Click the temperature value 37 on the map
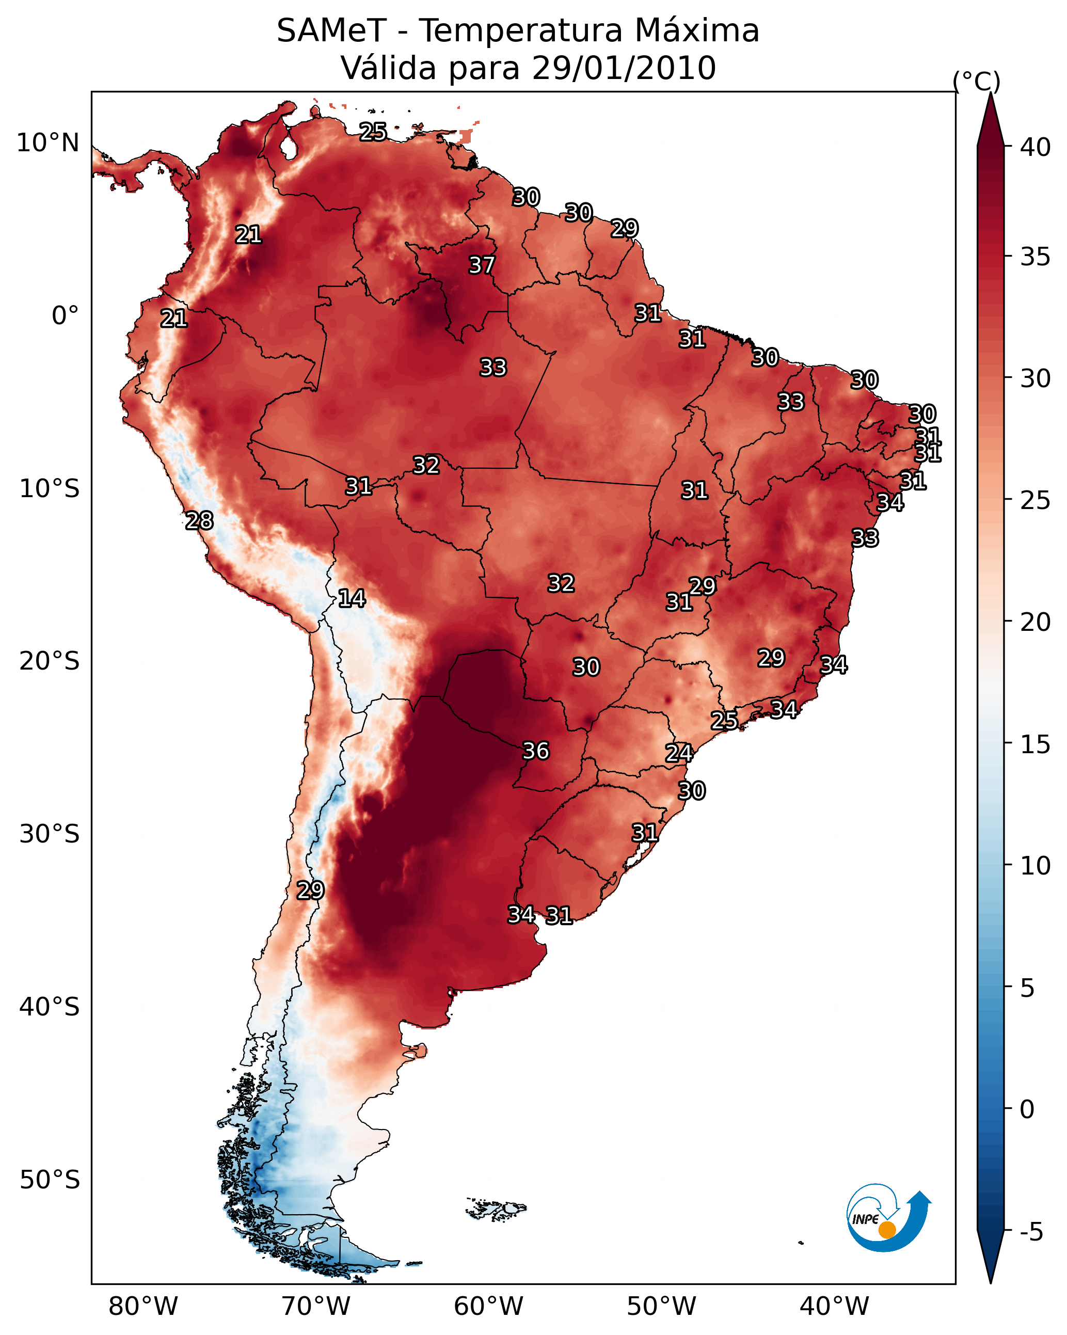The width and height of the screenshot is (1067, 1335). coord(481,265)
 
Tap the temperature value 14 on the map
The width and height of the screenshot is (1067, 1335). coord(352,598)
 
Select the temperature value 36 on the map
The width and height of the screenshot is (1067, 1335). coord(536,751)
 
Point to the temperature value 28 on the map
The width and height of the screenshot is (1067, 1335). coord(199,521)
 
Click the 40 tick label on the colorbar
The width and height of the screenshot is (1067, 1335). coord(1036,147)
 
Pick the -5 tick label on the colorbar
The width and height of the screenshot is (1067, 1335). coord(1031,1232)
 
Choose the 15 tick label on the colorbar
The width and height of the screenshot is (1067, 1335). coord(1036,744)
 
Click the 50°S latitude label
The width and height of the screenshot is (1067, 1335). coord(50,1180)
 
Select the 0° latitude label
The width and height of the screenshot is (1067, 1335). coord(65,316)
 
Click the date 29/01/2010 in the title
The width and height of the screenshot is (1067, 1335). coord(624,68)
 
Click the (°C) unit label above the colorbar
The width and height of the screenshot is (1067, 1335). coord(976,81)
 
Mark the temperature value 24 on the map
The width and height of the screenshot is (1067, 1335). coord(679,753)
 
